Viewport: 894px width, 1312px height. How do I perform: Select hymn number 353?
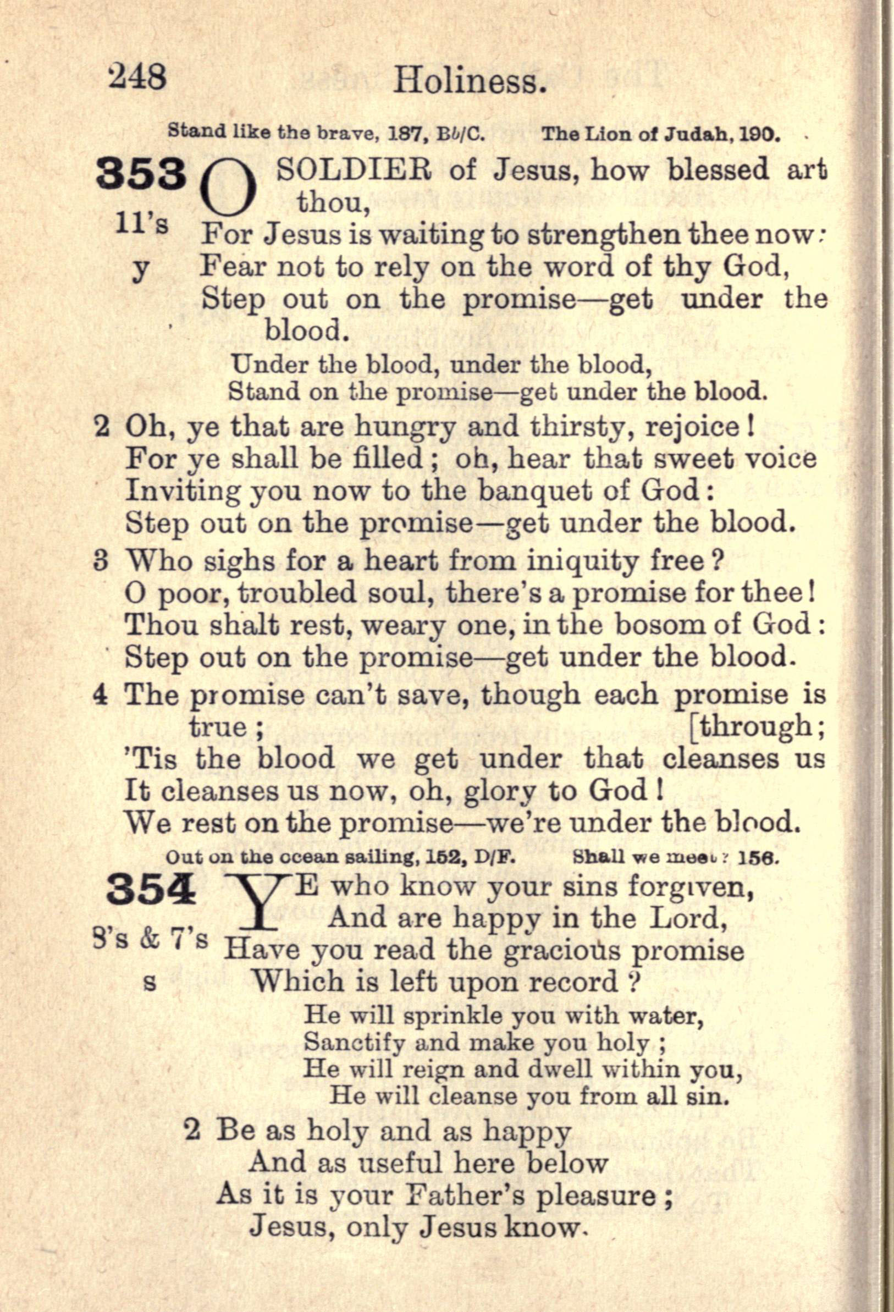pyautogui.click(x=141, y=173)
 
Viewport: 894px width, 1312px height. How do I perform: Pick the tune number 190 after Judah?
pyautogui.click(x=760, y=135)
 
